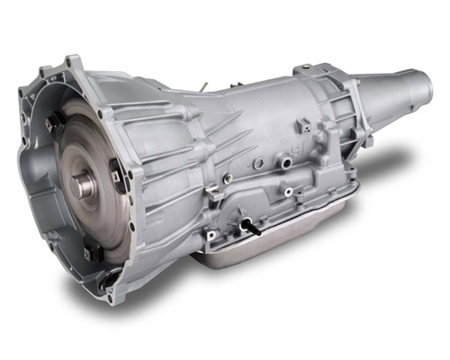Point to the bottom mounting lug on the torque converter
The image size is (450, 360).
coord(105,258)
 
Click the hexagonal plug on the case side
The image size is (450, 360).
coord(258,165)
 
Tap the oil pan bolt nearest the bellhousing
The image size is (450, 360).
coord(211,236)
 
